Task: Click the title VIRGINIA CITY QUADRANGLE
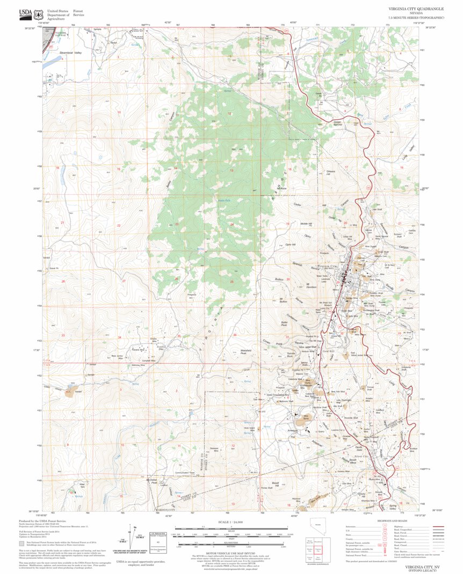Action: (416, 9)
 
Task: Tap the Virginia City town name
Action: (326, 267)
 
